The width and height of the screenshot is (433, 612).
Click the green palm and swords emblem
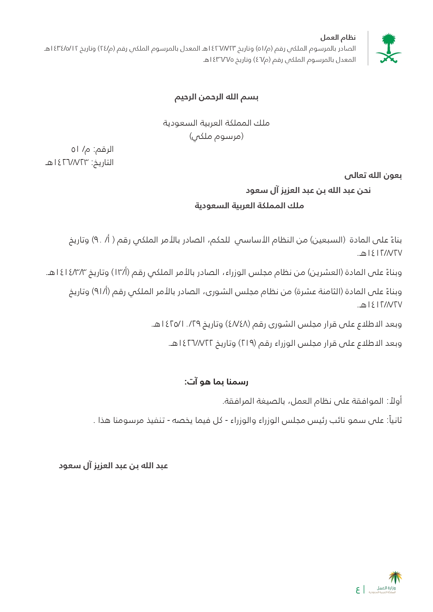pos(388,48)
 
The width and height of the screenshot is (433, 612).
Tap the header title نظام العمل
pos(338,38)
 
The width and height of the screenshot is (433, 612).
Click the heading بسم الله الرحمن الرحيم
pos(216,97)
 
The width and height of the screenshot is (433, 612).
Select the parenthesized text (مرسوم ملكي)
pos(216,136)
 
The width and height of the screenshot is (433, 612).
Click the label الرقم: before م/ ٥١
pos(103,149)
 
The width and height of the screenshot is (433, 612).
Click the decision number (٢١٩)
pos(247,343)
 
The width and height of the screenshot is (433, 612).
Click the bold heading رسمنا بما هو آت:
pos(216,382)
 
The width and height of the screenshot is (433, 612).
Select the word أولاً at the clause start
pos(394,401)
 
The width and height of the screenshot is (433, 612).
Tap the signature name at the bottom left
pos(113,466)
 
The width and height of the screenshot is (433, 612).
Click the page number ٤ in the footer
pos(358,590)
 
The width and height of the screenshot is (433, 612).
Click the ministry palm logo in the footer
pos(395,578)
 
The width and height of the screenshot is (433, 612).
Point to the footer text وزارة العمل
pos(386,588)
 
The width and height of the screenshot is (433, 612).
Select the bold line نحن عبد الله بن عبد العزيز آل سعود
pos(308,191)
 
